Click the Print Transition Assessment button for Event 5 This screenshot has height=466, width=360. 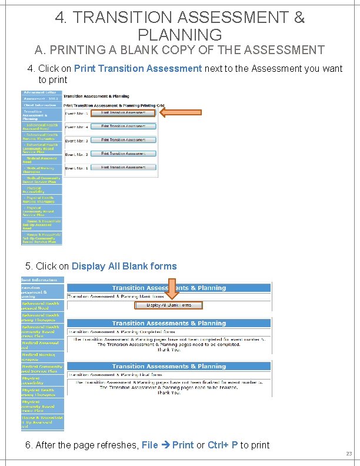click(124, 113)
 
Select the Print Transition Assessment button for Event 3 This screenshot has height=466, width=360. click(124, 140)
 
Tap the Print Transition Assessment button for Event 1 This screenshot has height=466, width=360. click(124, 168)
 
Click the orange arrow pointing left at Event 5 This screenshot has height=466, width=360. click(181, 112)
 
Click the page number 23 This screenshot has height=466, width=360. click(348, 454)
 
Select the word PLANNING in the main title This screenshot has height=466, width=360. click(179, 35)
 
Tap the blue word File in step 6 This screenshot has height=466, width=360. click(149, 445)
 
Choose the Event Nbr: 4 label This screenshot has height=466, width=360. click(76, 127)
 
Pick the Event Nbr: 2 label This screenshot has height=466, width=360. click(76, 154)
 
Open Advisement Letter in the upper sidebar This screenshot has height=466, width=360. click(39, 92)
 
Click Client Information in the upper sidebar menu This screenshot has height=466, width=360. click(39, 105)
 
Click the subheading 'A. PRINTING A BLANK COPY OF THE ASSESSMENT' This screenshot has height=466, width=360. click(179, 50)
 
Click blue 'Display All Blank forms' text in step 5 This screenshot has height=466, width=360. click(124, 266)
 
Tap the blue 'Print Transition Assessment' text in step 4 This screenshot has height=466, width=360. click(138, 68)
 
